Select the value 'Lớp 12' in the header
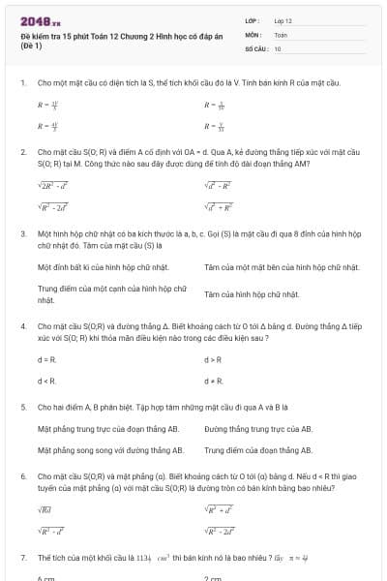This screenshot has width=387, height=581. [283, 20]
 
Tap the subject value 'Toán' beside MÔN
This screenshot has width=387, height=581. [281, 34]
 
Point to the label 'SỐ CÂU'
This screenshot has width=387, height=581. [255, 48]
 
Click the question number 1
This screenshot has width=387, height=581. [22, 83]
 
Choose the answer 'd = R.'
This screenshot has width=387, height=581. [46, 359]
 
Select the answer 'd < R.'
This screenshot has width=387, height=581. [46, 381]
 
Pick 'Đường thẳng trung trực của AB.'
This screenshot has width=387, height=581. [258, 429]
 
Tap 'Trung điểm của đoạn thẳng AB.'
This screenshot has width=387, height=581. [258, 450]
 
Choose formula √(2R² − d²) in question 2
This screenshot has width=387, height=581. [52, 185]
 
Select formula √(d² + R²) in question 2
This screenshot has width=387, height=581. [218, 206]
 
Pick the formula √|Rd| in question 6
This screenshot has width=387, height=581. [45, 508]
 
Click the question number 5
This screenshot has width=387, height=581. [22, 408]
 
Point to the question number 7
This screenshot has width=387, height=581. [22, 558]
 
